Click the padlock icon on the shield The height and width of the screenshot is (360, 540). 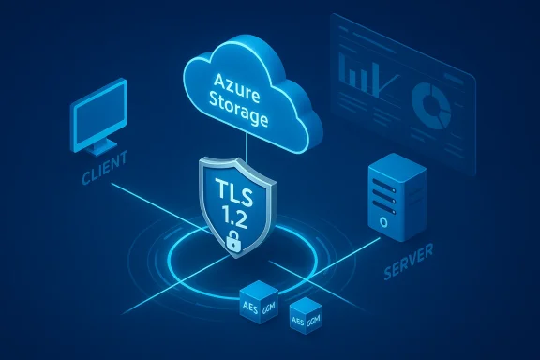[x=232, y=243]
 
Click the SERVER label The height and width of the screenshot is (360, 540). [x=410, y=275]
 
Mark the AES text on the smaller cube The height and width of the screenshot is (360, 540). [x=299, y=320]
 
